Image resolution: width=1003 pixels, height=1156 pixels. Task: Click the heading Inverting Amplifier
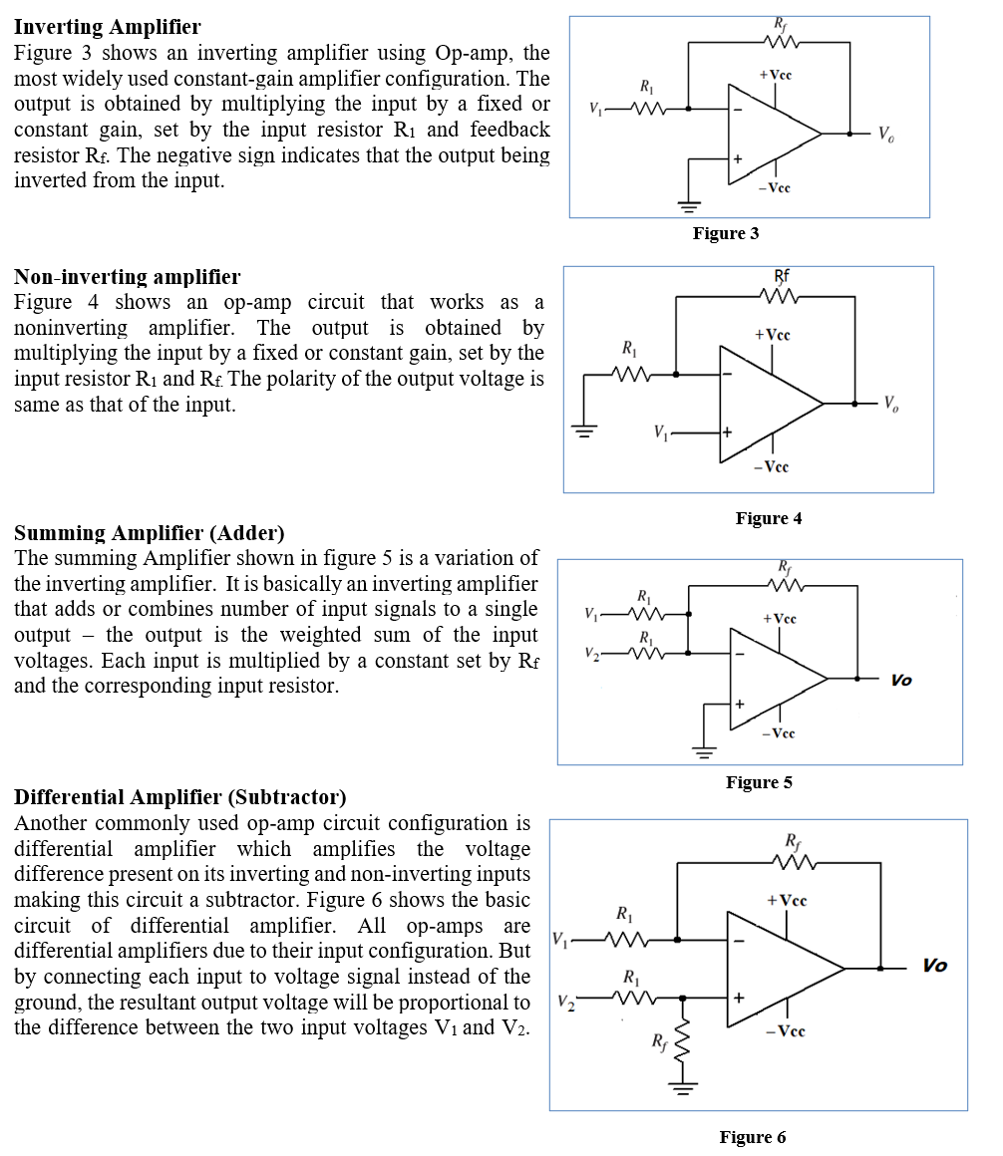pyautogui.click(x=107, y=27)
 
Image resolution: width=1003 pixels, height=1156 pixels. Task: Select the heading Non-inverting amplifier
pyautogui.click(x=127, y=276)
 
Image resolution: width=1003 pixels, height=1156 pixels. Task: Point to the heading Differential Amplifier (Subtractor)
pyautogui.click(x=180, y=797)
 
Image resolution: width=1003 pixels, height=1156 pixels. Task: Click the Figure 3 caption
pyautogui.click(x=726, y=233)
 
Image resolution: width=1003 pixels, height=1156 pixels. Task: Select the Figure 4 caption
pyautogui.click(x=769, y=518)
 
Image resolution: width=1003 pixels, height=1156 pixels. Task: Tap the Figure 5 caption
pyautogui.click(x=759, y=782)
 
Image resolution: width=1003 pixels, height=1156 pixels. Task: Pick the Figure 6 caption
pyautogui.click(x=753, y=1137)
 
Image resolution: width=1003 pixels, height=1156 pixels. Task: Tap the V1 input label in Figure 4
pyautogui.click(x=660, y=433)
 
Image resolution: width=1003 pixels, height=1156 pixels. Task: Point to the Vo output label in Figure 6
pyautogui.click(x=934, y=966)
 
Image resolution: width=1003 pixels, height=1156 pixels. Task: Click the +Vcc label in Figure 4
pyautogui.click(x=773, y=335)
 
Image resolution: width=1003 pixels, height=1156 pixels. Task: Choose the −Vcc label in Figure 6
pyautogui.click(x=785, y=1031)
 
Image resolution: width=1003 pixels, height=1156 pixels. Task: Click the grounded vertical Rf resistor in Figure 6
pyautogui.click(x=685, y=1040)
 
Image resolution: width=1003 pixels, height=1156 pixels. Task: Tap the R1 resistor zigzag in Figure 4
pyautogui.click(x=629, y=375)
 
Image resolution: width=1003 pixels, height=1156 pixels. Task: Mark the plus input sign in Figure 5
pyautogui.click(x=740, y=705)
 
